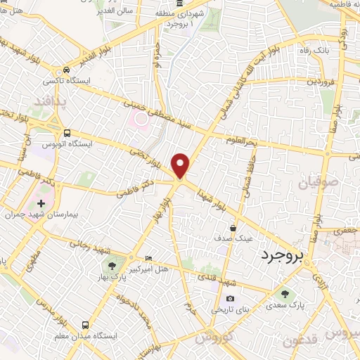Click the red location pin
181,165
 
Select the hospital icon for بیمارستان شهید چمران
41,203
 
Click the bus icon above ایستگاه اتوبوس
67,133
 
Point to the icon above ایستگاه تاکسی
65,70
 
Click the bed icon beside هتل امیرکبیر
148,258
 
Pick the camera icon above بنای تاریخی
229,299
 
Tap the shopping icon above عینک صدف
233,228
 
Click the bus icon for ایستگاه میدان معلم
85,325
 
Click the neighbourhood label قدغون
303,341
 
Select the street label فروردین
320,82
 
